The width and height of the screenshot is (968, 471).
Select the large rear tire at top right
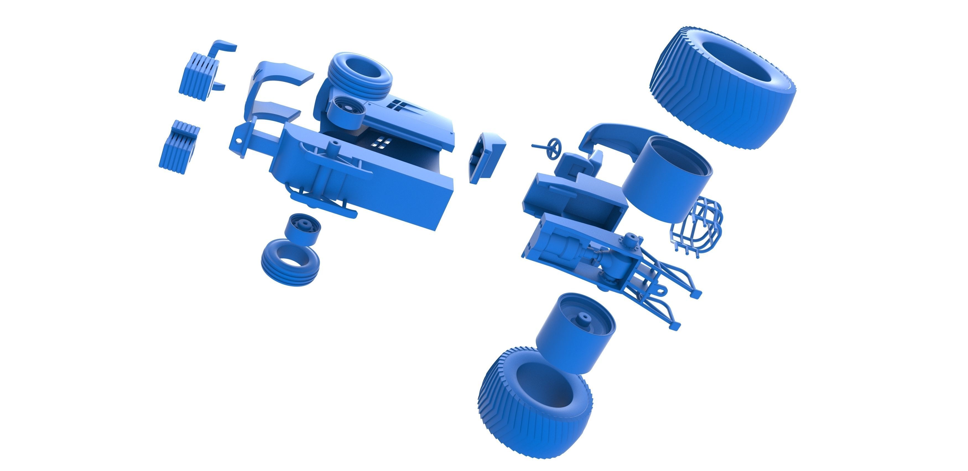pyautogui.click(x=723, y=88)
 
